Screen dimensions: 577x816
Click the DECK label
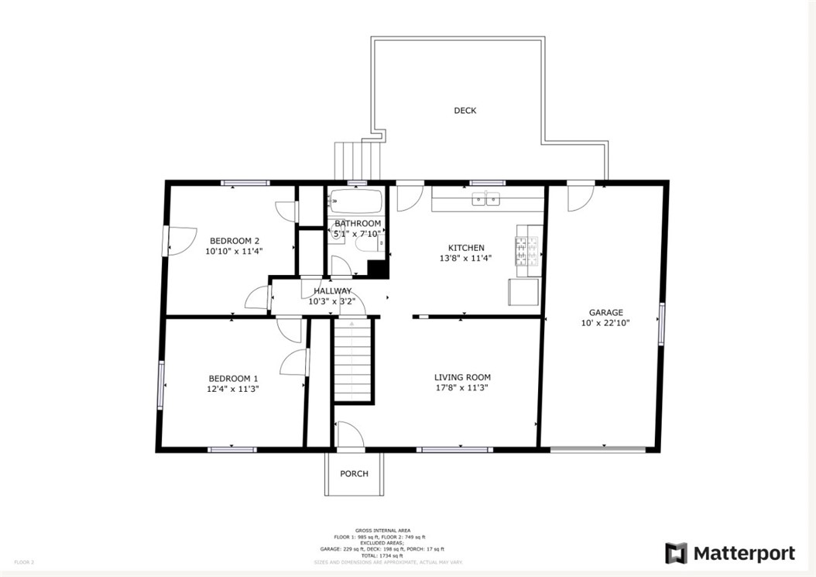pos(465,111)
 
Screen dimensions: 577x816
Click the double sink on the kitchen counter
pos(487,201)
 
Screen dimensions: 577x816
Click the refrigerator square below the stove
pos(523,293)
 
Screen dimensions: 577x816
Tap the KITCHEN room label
pos(466,248)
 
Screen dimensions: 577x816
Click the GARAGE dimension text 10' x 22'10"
pos(605,324)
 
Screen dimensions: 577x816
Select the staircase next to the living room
pos(353,361)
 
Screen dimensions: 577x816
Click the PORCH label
pos(354,474)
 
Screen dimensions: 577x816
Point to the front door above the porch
pos(349,435)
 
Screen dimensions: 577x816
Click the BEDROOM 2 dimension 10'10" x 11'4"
pos(234,251)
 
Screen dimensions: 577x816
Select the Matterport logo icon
pos(676,553)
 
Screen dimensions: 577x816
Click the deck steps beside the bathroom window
pos(358,160)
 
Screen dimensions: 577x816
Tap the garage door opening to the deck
pos(579,197)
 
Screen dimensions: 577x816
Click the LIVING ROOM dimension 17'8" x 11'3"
pos(462,389)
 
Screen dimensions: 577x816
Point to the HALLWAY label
pos(332,291)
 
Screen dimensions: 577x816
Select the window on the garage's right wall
pos(661,324)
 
